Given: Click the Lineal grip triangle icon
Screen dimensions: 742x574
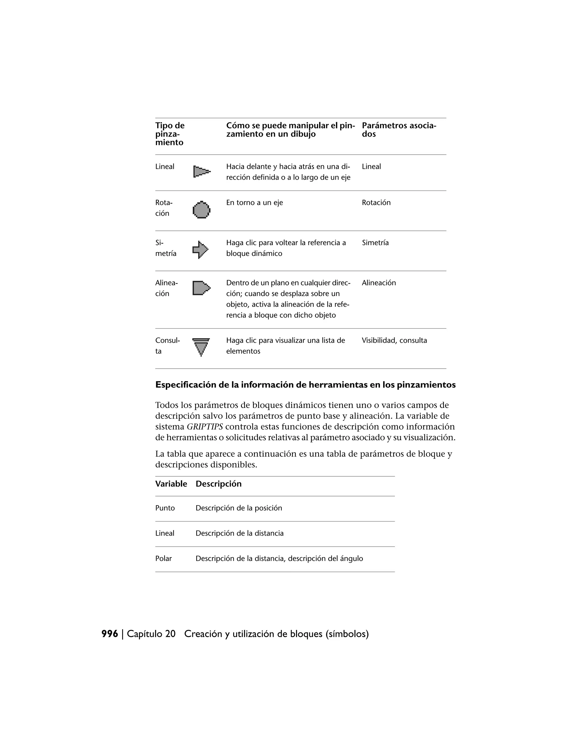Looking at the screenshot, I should click(202, 172).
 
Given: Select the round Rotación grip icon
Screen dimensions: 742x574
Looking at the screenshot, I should click(201, 210).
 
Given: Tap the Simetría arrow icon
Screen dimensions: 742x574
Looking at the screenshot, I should click(201, 250).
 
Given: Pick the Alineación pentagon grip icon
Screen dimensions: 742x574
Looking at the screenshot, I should click(201, 288).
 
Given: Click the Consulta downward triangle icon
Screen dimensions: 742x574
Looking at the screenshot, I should click(201, 347).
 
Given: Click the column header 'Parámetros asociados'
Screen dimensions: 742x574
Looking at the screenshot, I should click(399, 130).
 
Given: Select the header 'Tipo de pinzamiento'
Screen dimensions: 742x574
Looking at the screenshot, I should click(170, 134).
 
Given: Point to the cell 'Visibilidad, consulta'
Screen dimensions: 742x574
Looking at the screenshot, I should click(394, 340).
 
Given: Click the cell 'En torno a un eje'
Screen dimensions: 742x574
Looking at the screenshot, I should click(254, 202).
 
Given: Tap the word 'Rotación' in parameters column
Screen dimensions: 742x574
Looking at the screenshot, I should click(376, 202).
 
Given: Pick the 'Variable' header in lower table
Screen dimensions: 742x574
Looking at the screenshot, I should click(171, 484).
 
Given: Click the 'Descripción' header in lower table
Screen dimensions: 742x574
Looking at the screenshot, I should click(218, 484).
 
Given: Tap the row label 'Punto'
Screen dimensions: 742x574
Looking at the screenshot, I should click(165, 508).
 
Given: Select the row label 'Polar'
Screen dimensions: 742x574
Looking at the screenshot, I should click(164, 559).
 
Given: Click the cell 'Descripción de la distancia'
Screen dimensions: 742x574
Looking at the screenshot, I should click(239, 533).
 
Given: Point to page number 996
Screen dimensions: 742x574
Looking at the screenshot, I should click(110, 634).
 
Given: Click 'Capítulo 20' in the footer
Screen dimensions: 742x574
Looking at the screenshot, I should click(151, 634).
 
